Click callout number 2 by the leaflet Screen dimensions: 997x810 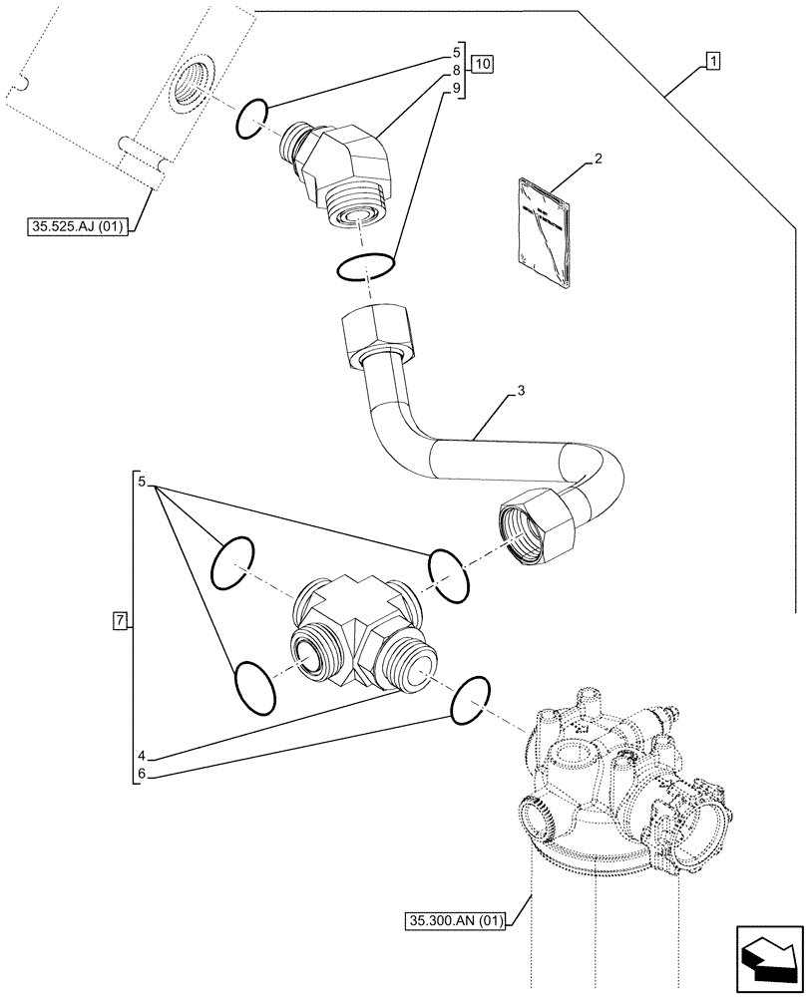pyautogui.click(x=598, y=159)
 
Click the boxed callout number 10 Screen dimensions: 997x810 pyautogui.click(x=482, y=64)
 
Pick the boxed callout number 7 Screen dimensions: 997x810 pyautogui.click(x=120, y=622)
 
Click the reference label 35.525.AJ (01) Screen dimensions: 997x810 pyautogui.click(x=77, y=227)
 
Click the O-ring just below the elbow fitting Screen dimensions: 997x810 pyautogui.click(x=366, y=266)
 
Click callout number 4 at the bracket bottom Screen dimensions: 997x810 pyautogui.click(x=142, y=753)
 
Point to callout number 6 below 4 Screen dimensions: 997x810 pyautogui.click(x=142, y=773)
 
